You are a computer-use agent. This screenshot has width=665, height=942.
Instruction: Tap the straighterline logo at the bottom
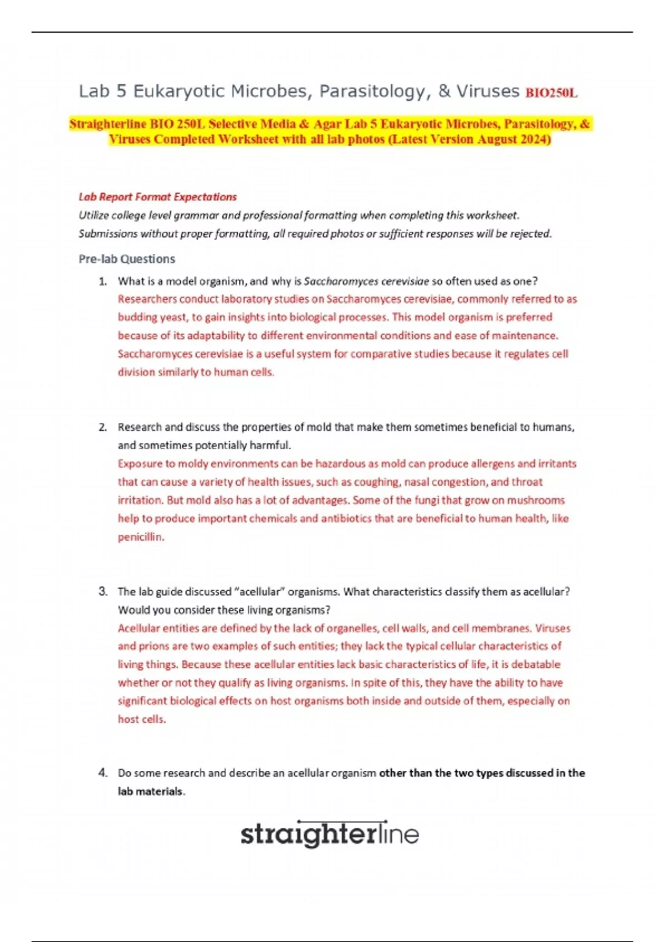(329, 833)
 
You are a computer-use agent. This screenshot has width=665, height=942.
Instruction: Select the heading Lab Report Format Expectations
(157, 197)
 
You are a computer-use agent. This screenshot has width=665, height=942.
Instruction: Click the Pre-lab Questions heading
(127, 259)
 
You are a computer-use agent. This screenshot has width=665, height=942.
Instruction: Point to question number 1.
(103, 281)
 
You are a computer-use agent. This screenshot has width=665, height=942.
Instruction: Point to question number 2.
(103, 427)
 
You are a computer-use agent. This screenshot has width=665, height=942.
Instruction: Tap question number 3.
(103, 591)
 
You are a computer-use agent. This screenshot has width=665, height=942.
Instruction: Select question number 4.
(103, 772)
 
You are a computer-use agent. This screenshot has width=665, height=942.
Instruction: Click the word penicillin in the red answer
(141, 537)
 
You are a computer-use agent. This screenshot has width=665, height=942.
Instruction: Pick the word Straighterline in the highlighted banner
(108, 124)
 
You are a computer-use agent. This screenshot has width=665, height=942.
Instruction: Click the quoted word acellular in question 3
(259, 591)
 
